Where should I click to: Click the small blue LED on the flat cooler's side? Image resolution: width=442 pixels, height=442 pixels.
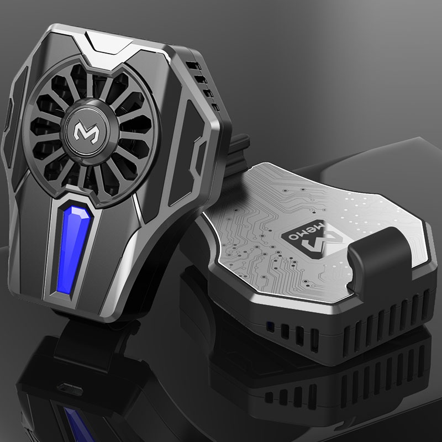click(269, 325)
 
